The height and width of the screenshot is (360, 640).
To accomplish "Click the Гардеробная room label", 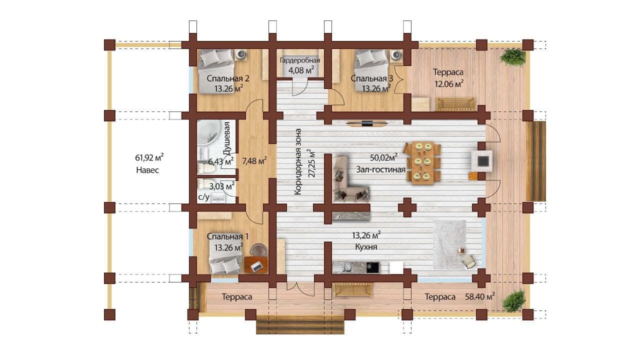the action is (x=299, y=60).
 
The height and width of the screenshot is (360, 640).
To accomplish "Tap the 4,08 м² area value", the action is (x=301, y=70).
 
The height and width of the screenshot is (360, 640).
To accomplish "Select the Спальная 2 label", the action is (x=228, y=78).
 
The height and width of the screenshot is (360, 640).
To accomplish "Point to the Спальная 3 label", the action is (x=371, y=78).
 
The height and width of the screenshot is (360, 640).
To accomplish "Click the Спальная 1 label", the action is (x=227, y=236).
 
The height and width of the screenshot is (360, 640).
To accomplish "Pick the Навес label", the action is (x=147, y=170).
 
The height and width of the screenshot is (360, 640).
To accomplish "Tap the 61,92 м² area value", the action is (x=149, y=157).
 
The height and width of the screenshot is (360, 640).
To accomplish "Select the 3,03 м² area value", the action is (x=222, y=186).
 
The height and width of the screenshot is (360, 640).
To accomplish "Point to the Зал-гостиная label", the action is (x=380, y=169).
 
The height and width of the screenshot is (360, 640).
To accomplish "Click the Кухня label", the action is (x=366, y=247).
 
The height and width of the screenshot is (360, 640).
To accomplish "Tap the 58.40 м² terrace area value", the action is (x=480, y=296).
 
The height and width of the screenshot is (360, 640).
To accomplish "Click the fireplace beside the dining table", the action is (x=481, y=161).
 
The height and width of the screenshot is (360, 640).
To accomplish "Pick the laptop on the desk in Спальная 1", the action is (x=256, y=267).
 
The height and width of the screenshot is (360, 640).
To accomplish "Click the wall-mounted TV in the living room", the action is (x=366, y=123).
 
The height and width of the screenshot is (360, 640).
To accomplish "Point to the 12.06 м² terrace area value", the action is (x=449, y=84).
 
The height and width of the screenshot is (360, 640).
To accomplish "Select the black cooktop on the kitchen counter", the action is (x=372, y=267).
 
